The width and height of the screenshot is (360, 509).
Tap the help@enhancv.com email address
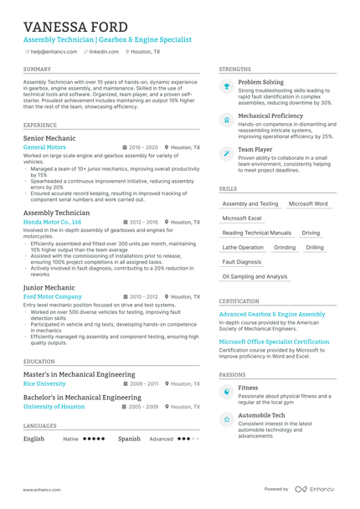pos(52,51)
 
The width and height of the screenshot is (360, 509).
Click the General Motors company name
pos(45,147)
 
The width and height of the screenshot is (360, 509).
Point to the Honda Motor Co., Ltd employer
pos(53,222)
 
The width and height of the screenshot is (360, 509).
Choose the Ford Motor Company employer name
pos(53,296)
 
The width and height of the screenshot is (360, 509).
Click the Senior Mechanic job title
pos(49,137)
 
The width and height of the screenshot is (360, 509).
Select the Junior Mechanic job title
pos(49,287)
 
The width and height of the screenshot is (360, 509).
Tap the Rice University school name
pos(44,383)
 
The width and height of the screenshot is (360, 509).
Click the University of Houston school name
pos(54,406)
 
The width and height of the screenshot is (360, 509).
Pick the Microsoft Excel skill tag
pos(242,218)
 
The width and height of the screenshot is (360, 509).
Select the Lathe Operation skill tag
pos(243,247)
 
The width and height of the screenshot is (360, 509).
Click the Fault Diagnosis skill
pos(242,261)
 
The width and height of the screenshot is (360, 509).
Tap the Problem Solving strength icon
pos(226,86)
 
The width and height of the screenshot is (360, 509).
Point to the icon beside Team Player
pos(226,154)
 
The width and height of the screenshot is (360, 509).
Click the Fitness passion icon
pos(226,392)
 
